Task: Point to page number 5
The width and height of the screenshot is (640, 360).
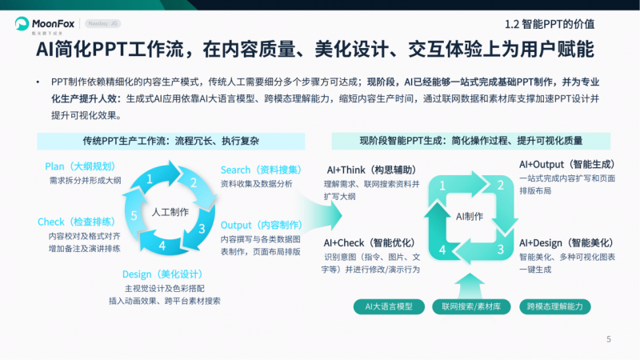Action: pos(609,339)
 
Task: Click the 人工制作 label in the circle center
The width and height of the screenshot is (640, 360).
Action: pos(170,212)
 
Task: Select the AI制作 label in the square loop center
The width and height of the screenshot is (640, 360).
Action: pos(470,216)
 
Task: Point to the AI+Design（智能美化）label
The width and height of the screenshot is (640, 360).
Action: pos(566,242)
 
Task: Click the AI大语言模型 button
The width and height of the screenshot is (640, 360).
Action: pos(390,306)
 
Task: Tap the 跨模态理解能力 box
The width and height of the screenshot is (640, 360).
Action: pos(554,306)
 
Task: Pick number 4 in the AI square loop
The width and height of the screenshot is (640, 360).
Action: pos(442,250)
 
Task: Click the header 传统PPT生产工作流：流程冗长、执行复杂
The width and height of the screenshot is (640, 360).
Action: pos(171,141)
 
